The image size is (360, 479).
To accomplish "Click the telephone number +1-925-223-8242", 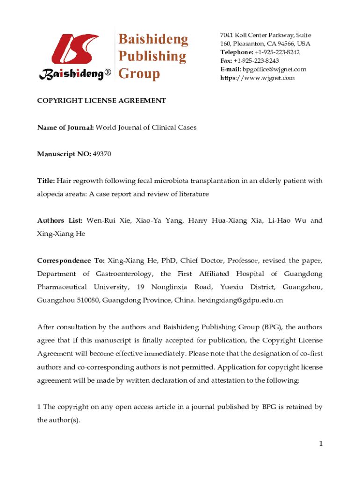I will [277, 52].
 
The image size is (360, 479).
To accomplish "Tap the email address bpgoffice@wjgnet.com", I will [274, 69].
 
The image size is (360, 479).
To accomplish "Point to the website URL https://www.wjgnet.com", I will [258, 78].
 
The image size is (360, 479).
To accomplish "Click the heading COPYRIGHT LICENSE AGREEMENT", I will [101, 101].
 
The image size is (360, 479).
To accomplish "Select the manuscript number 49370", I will [102, 154].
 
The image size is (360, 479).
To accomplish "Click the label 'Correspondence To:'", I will [71, 260].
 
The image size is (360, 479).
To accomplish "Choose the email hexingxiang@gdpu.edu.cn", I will [241, 300].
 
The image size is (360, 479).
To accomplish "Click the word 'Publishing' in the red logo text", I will [151, 57].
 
